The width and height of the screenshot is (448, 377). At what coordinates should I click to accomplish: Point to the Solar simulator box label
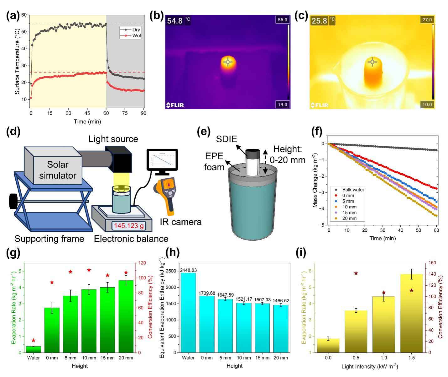point(57,170)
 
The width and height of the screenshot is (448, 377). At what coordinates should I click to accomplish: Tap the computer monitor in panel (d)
point(162,161)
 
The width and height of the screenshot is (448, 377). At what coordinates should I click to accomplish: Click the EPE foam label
point(215,161)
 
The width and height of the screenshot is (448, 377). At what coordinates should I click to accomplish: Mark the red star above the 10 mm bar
point(89,270)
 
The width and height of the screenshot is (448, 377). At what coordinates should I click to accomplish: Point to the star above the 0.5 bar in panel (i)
point(356,273)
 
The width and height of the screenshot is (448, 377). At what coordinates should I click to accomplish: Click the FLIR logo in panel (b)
point(175,105)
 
